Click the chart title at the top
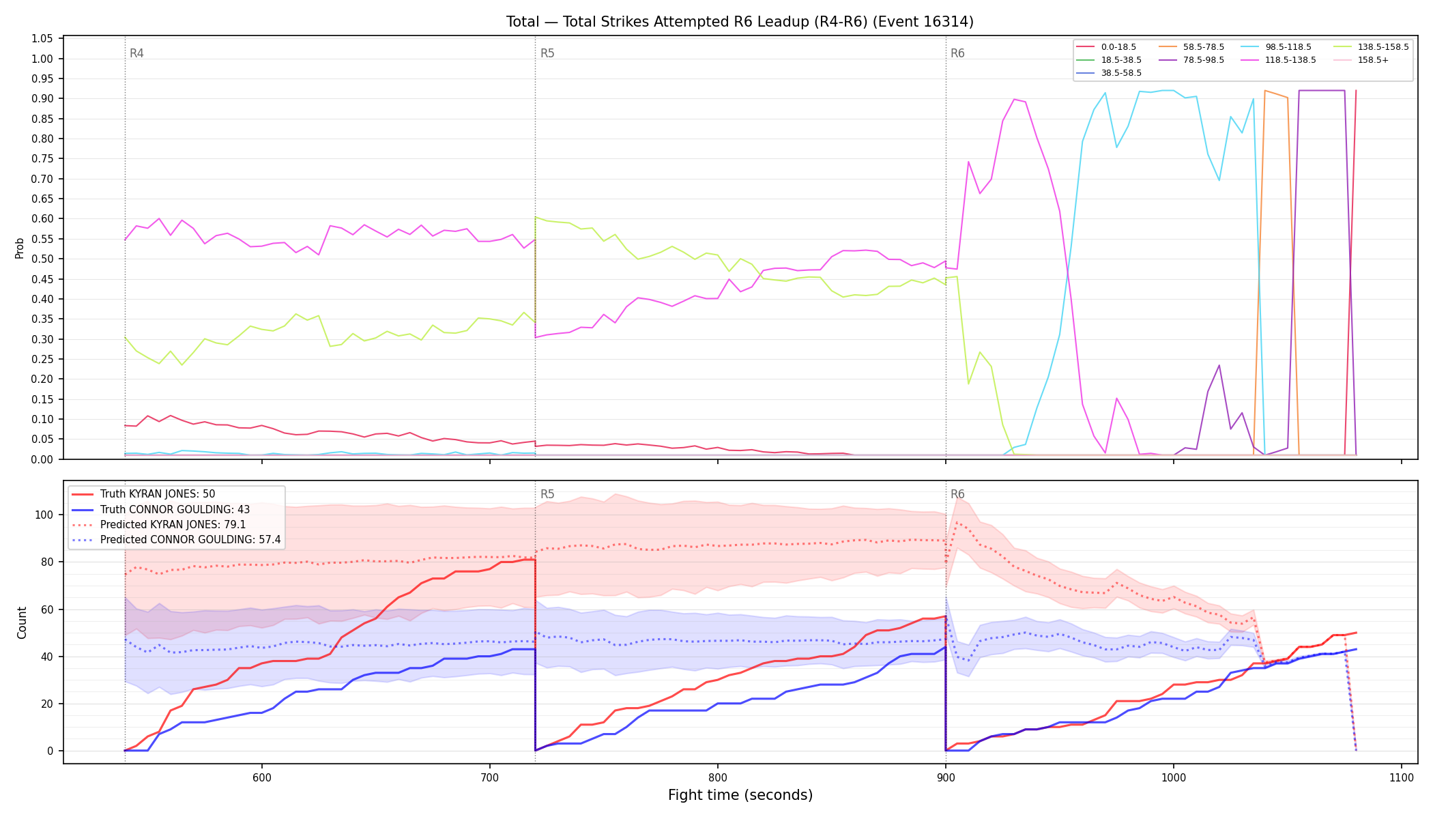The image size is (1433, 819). (x=740, y=22)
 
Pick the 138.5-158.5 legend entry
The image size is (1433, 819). (x=1370, y=47)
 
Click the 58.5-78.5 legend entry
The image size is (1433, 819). (x=1191, y=47)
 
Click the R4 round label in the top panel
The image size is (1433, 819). (x=136, y=53)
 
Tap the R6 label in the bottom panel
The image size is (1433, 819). (x=957, y=494)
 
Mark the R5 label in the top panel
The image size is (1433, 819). (x=547, y=53)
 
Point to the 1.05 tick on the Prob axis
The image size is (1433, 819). (x=42, y=39)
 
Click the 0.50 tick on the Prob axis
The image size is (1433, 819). (x=42, y=259)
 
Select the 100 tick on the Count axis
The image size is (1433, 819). (x=45, y=515)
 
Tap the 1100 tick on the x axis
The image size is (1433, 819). (x=1401, y=777)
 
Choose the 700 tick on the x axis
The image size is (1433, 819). (x=489, y=777)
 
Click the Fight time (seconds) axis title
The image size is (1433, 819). (x=740, y=795)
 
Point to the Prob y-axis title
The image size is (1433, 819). (x=20, y=248)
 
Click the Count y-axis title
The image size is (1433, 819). (x=22, y=622)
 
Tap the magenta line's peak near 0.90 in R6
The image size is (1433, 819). (x=1014, y=99)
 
